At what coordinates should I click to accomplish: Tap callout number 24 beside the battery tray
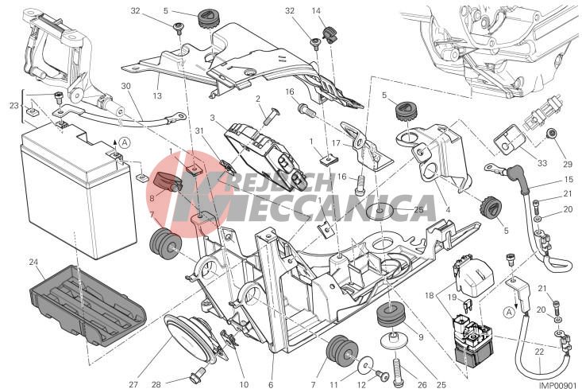click(33, 263)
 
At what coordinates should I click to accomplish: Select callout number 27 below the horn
click(133, 384)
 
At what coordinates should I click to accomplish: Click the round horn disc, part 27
click(189, 339)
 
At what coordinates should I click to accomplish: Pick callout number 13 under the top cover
click(157, 95)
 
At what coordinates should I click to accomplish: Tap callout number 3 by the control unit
click(212, 119)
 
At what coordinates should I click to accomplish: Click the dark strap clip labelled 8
click(167, 182)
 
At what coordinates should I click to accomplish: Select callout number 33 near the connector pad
click(542, 163)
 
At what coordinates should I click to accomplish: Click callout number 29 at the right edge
click(568, 164)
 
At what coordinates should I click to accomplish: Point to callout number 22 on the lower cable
click(539, 352)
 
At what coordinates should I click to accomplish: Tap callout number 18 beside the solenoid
click(430, 296)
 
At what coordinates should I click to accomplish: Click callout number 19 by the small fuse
click(452, 298)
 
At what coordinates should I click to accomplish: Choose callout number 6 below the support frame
click(271, 384)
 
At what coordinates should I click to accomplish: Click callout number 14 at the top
click(316, 11)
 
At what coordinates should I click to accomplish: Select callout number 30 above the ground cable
click(125, 86)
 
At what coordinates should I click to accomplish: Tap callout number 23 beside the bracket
click(13, 106)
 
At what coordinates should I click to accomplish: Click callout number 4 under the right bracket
click(448, 210)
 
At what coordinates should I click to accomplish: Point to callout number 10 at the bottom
click(244, 384)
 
